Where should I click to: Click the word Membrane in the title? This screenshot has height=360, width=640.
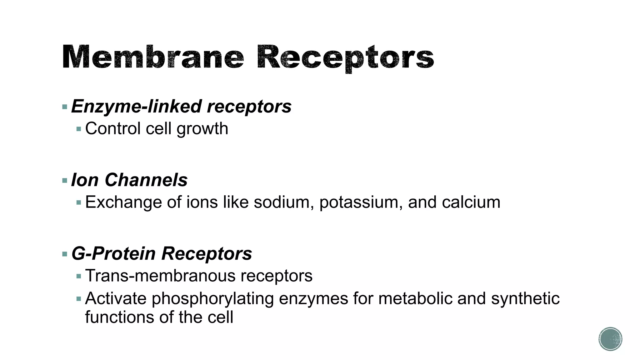coord(153,57)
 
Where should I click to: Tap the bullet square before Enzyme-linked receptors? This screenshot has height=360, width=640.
coord(65,107)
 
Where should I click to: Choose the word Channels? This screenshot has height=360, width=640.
coord(146,180)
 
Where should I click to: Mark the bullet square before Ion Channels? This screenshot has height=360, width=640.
coord(65,181)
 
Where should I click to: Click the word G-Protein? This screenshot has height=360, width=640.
coord(113,253)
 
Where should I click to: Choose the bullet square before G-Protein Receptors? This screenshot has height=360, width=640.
coord(65,254)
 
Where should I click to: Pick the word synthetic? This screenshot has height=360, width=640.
coord(525,298)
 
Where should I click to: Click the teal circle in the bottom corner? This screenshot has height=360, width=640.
coord(610,339)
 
